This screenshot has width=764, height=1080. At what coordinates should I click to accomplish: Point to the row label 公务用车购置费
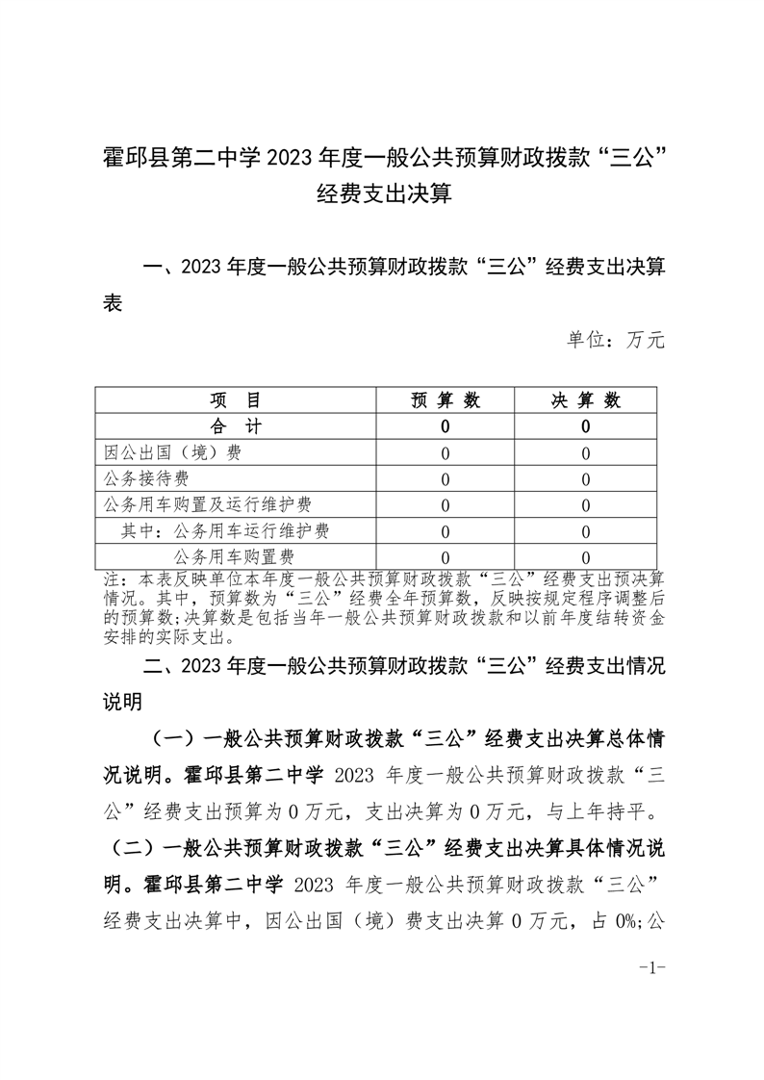(233, 556)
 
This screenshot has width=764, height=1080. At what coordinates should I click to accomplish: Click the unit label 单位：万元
(616, 339)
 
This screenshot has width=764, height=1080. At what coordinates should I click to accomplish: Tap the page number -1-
(653, 966)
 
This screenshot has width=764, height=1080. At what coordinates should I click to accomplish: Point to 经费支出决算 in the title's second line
(383, 194)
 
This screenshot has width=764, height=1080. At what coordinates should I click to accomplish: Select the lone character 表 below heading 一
(113, 302)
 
